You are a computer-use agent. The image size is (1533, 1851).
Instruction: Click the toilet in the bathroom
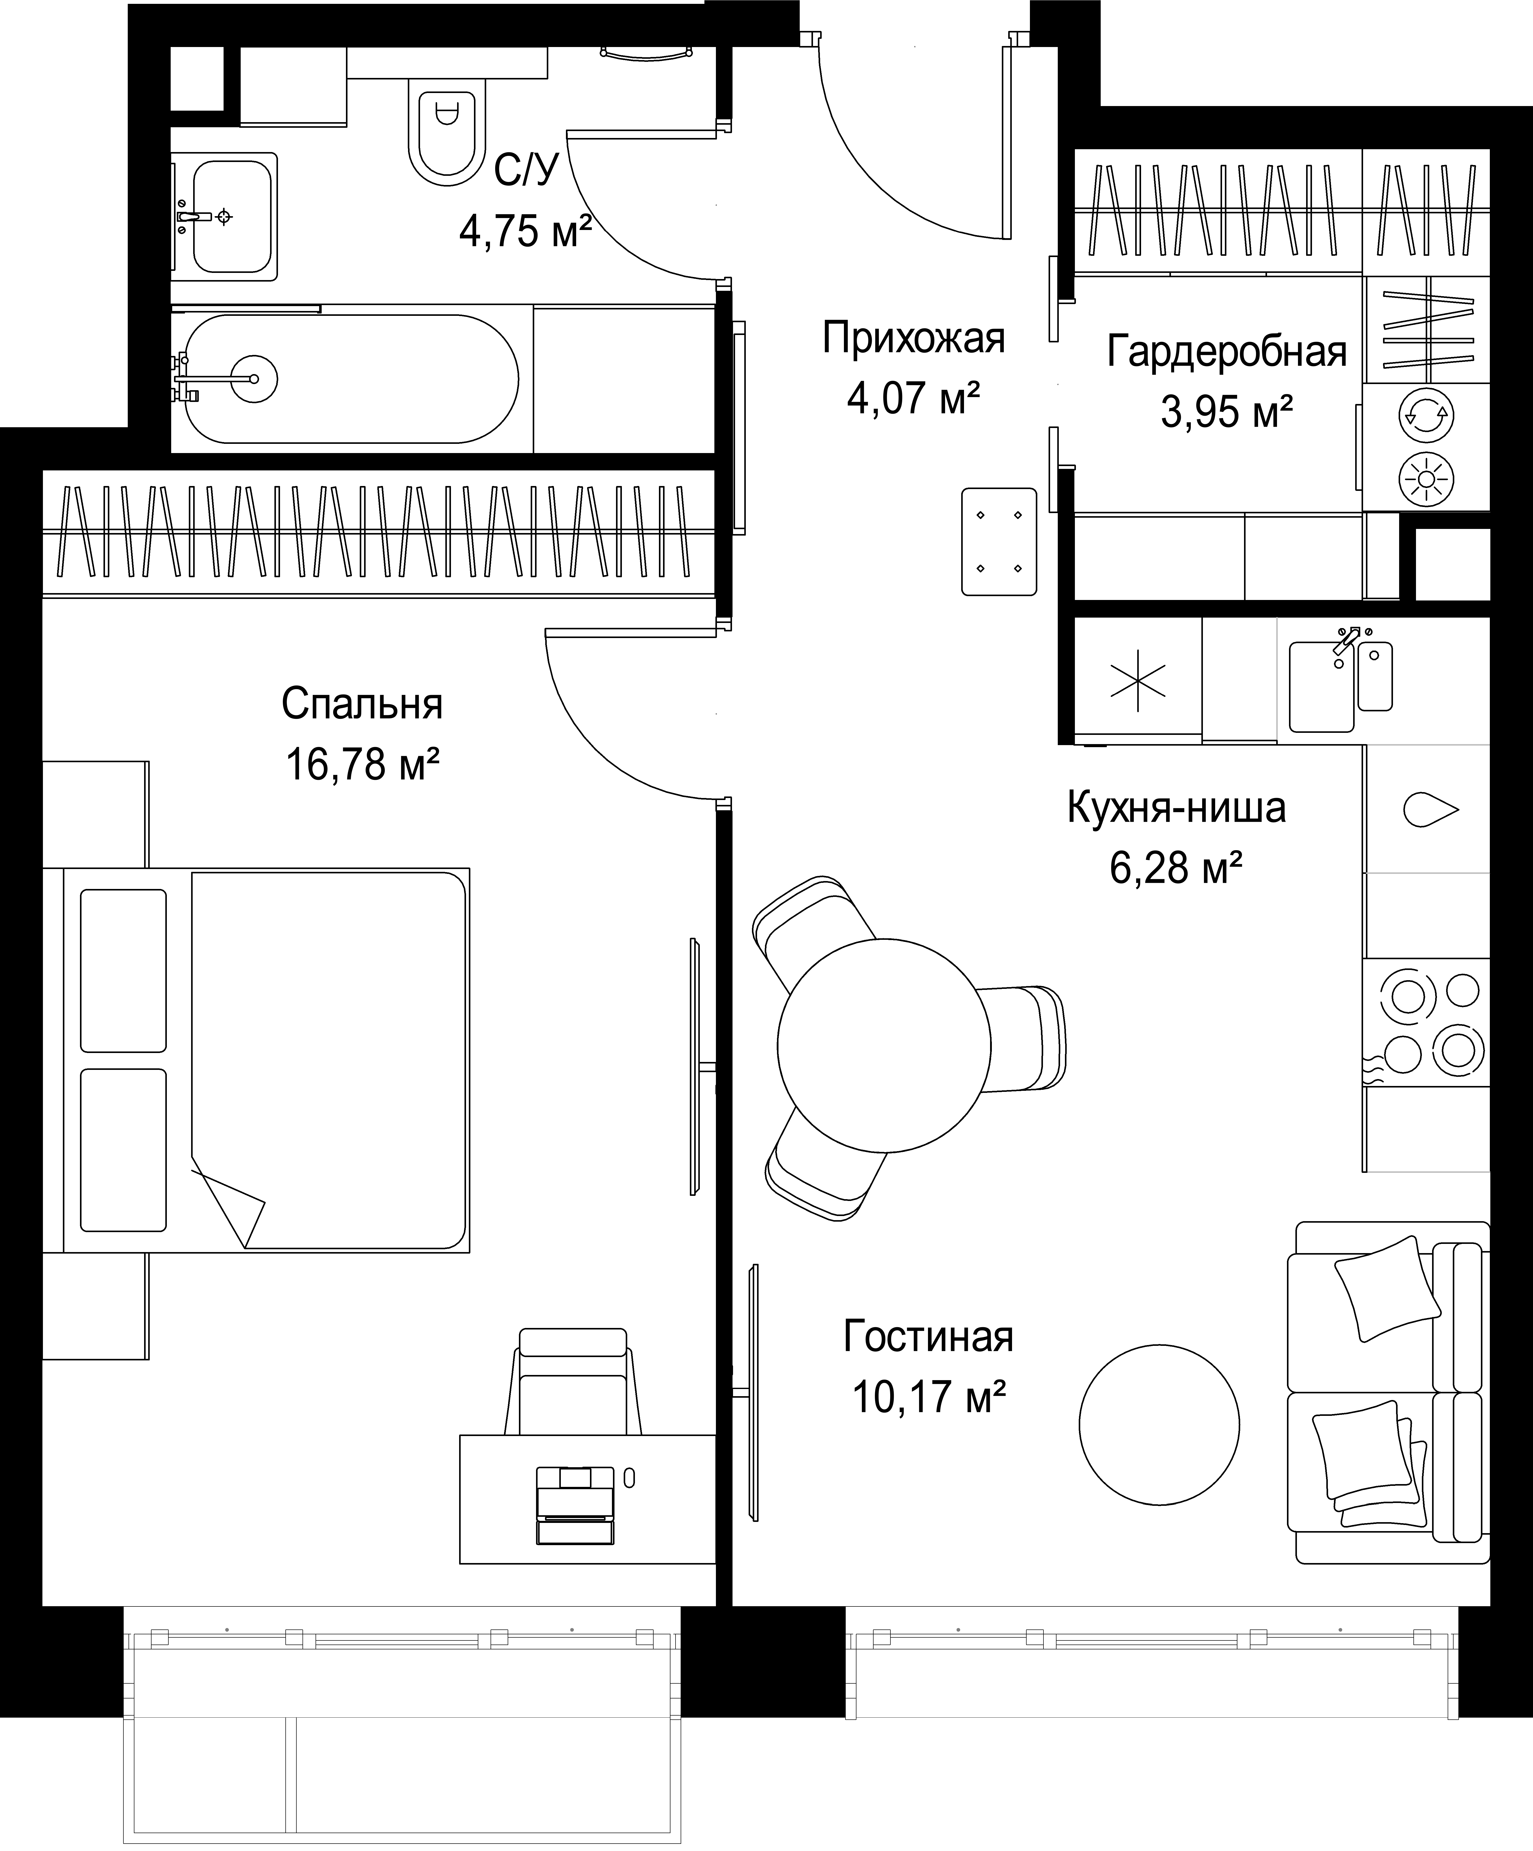point(448,131)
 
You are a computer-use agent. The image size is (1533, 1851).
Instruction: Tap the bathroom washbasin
point(231,216)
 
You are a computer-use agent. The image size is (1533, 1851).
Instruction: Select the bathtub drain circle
point(254,379)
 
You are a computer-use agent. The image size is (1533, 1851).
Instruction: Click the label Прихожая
point(913,338)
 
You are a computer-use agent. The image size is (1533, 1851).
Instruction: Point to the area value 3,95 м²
point(1227,411)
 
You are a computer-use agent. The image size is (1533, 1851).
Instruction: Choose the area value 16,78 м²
point(362,763)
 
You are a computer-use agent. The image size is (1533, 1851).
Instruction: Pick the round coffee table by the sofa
point(1159,1425)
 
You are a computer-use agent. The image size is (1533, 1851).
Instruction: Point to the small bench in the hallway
point(999,541)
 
